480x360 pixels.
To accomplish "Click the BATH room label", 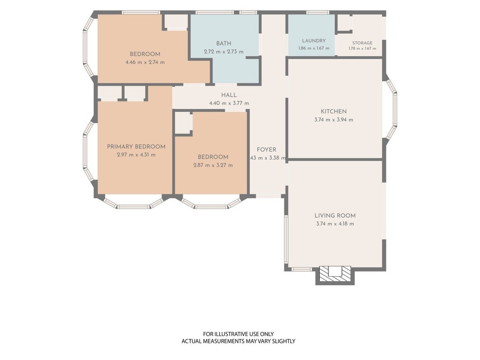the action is (224, 44).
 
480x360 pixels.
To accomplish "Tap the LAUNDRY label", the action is (314, 40).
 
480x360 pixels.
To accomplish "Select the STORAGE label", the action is (362, 43).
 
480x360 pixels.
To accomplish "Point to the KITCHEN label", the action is (334, 112).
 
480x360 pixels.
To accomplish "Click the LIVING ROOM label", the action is (335, 216).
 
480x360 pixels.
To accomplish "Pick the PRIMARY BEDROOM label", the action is (136, 147).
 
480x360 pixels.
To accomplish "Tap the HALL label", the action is (229, 95).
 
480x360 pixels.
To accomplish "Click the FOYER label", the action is (266, 150).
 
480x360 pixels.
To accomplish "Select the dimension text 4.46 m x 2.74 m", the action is (145, 63).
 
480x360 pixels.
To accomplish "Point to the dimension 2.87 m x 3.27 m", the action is (213, 165).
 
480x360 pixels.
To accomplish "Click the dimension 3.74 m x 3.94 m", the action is (334, 120).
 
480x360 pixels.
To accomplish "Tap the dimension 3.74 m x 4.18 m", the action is (335, 224).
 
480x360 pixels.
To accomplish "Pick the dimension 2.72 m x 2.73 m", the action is (224, 52).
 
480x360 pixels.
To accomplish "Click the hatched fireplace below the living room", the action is (335, 274).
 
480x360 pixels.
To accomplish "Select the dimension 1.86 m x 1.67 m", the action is (314, 48).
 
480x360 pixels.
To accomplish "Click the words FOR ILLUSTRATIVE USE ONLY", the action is (238, 334).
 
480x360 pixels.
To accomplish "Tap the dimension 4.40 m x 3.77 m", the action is (229, 103).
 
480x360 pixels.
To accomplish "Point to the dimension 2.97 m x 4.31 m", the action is (136, 155).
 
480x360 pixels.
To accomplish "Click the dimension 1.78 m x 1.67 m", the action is (363, 48).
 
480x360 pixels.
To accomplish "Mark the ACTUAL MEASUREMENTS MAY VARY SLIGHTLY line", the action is (238, 341).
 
